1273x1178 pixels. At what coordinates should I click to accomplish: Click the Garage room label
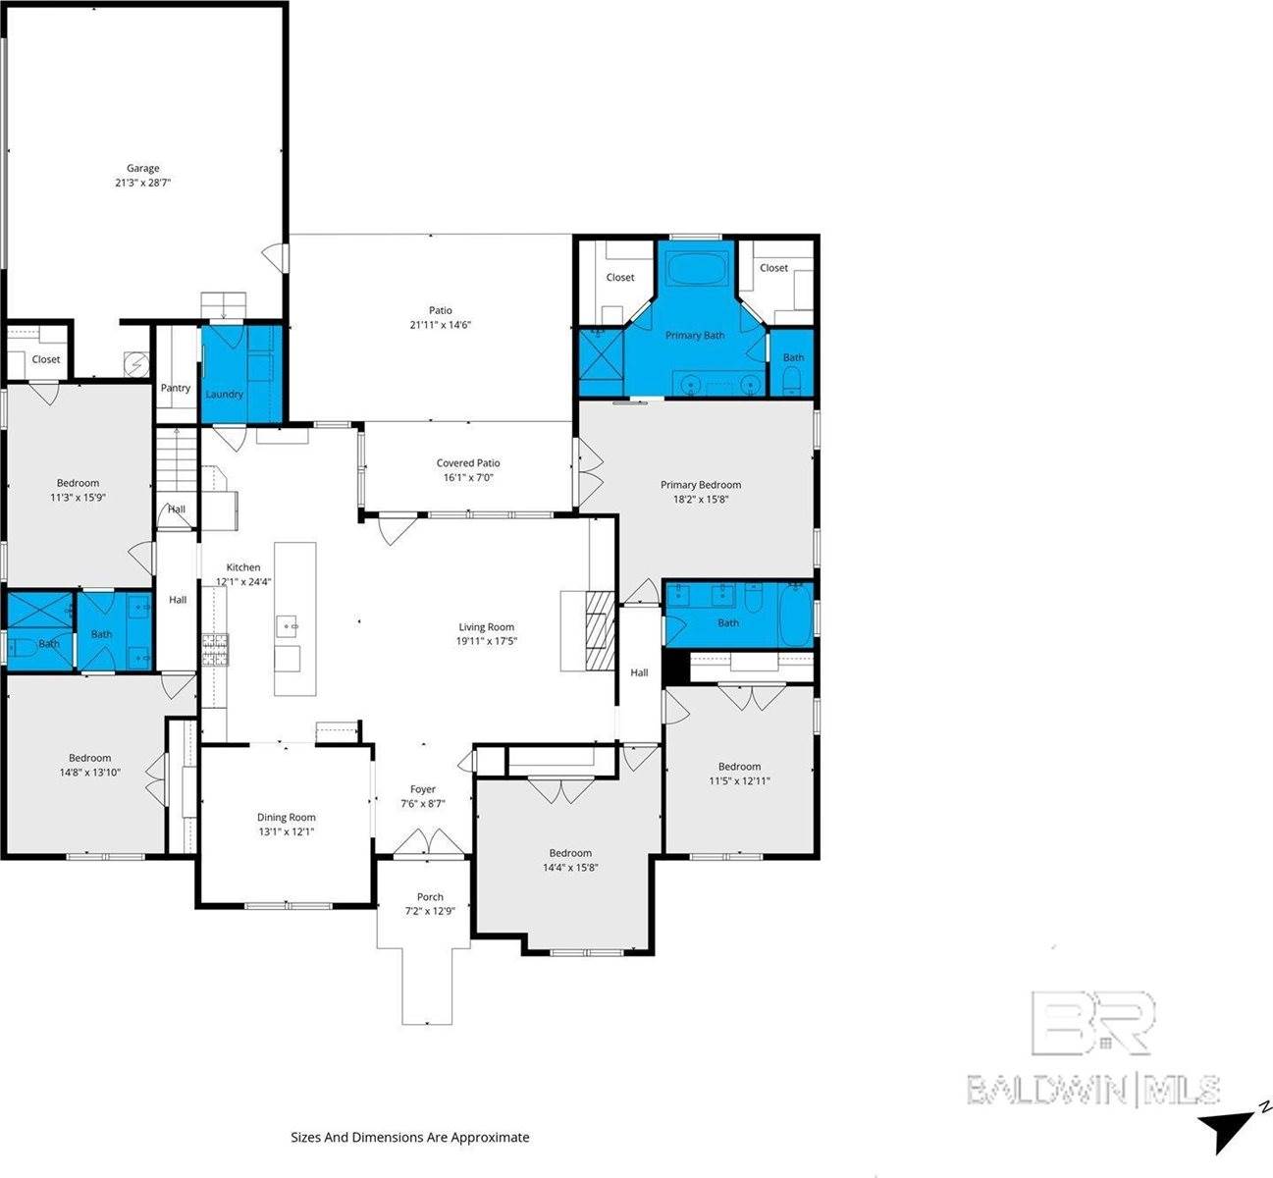click(x=142, y=168)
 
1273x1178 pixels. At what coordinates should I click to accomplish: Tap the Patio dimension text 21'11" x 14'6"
click(x=440, y=325)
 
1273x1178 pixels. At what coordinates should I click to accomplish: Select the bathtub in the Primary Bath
click(x=696, y=267)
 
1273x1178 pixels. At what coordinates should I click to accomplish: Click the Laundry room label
click(x=224, y=394)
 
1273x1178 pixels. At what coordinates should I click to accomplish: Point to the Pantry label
click(x=176, y=388)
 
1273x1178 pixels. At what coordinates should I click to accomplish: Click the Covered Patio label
click(x=468, y=462)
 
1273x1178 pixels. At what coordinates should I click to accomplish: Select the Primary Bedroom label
click(x=700, y=484)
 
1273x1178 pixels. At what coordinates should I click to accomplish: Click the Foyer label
click(x=423, y=789)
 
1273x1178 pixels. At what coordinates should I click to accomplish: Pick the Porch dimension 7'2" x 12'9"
click(x=430, y=911)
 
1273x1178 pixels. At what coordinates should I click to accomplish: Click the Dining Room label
click(x=287, y=817)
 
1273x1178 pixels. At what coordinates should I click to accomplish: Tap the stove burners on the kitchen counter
click(x=214, y=650)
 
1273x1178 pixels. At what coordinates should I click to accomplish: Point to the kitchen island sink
click(x=288, y=622)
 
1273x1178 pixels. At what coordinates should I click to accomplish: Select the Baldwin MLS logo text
click(x=1093, y=1090)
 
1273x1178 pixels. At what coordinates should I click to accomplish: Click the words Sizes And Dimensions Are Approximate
click(x=409, y=1137)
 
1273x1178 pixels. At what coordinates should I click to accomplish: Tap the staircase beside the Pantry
click(x=177, y=461)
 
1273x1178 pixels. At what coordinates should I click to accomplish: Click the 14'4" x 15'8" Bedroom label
click(x=570, y=853)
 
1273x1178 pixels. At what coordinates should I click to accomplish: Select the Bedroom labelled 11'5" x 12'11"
click(x=739, y=767)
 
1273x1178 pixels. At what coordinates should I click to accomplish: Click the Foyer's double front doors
click(x=423, y=843)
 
